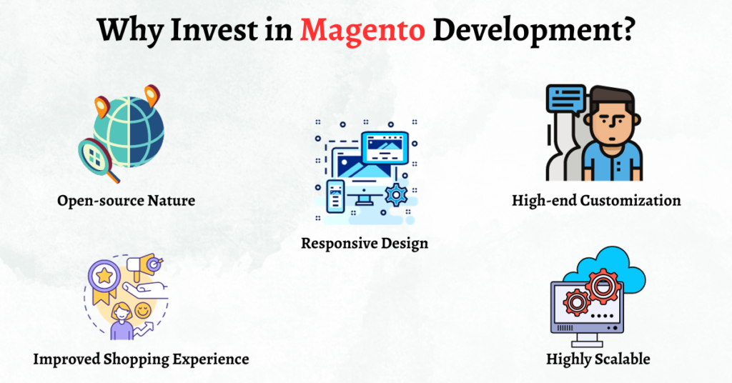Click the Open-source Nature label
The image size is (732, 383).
[x=127, y=201]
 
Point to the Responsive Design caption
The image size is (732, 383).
[x=365, y=243]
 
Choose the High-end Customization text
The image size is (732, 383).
[x=596, y=201]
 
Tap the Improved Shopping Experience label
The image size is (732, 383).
[x=141, y=358]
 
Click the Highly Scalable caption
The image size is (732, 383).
[x=598, y=358]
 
